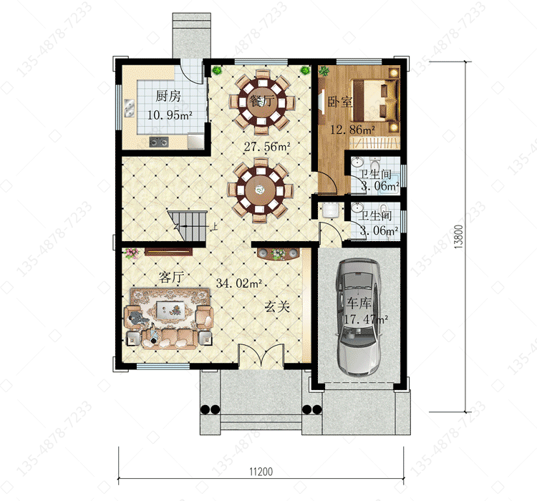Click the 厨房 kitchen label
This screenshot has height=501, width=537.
coord(168,96)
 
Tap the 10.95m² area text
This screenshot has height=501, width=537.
coord(170,115)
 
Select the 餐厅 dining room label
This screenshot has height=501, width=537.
coord(262,101)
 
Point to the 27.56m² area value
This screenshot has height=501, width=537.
coord(267,147)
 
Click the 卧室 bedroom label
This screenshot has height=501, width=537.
coord(339,102)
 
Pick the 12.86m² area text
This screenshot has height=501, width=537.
coord(352,130)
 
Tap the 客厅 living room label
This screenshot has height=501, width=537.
coord(171,277)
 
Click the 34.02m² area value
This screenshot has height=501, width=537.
coord(239,283)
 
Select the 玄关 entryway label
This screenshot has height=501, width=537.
coord(276,306)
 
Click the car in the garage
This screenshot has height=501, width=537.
coord(358,317)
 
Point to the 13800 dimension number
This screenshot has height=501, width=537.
coord(459,237)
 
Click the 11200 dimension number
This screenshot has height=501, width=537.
coord(261,472)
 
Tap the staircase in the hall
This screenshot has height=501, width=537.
coord(187,226)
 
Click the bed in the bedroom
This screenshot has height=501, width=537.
coord(376,100)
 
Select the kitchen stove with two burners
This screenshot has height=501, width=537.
coord(159,142)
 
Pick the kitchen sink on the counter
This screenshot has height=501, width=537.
coord(130,108)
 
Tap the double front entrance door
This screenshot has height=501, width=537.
coord(261,356)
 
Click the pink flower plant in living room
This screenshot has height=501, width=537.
coord(131,253)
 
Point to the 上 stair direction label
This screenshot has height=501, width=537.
coord(213,226)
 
